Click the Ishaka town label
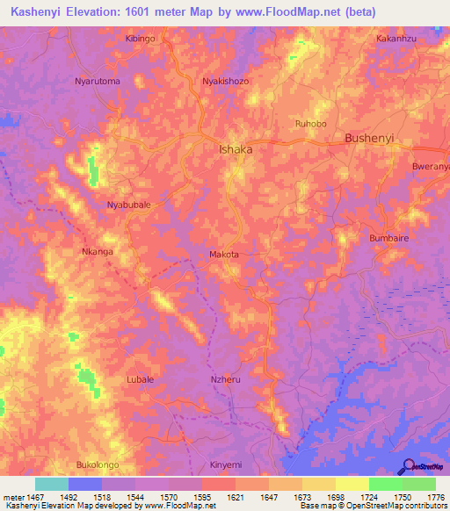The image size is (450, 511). (x=235, y=149)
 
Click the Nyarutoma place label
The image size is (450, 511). (x=97, y=80)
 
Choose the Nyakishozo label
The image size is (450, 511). (x=227, y=80)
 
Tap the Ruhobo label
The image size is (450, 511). (x=311, y=124)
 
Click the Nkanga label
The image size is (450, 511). (x=97, y=251)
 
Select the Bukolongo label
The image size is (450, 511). (x=98, y=464)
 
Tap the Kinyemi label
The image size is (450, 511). (x=226, y=464)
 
